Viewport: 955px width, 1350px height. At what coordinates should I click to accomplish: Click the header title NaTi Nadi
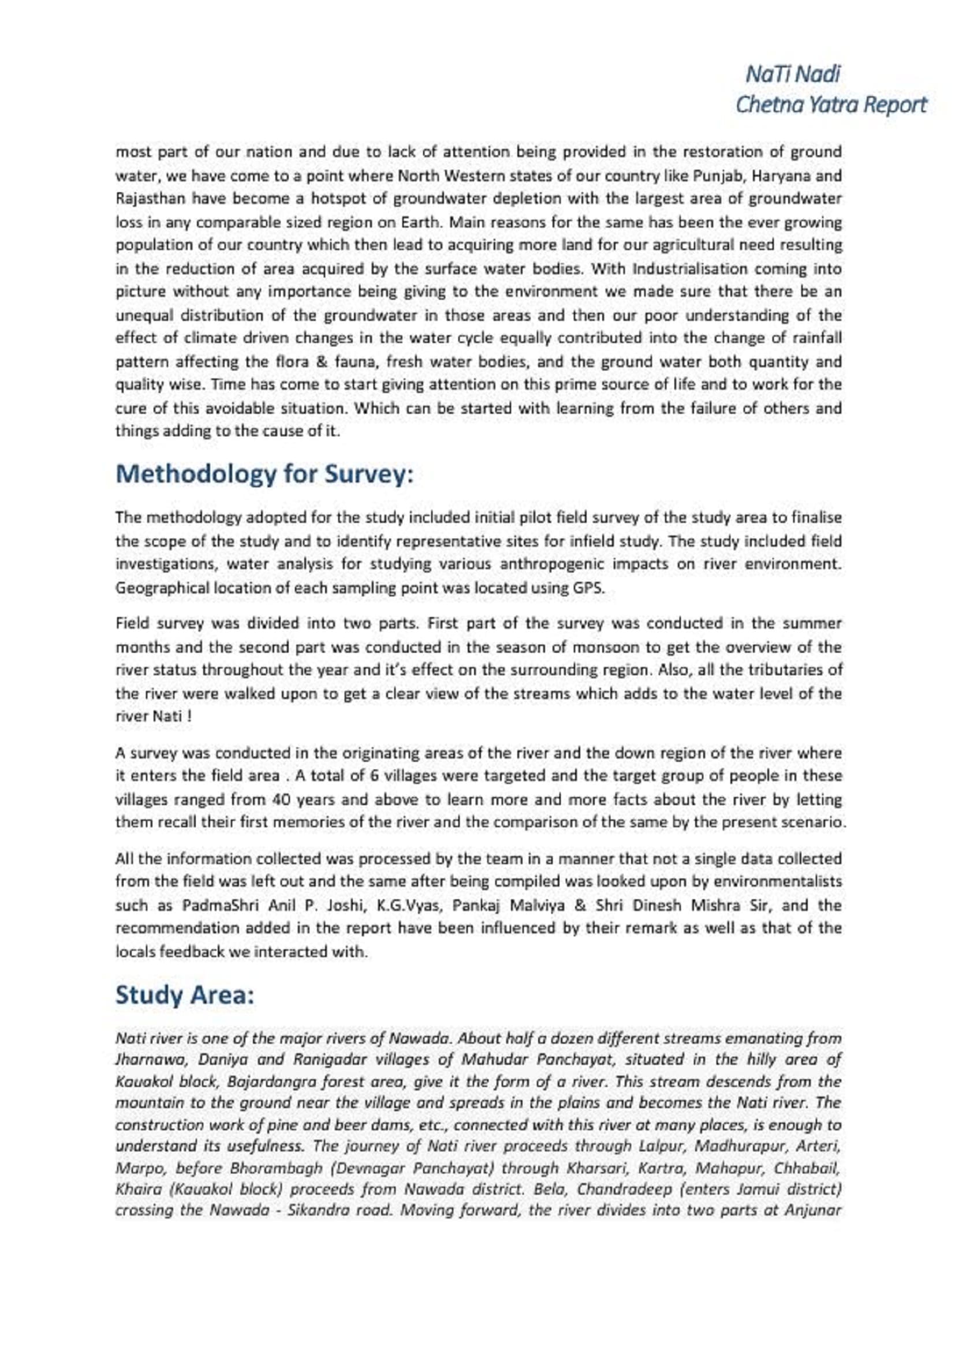[x=793, y=74]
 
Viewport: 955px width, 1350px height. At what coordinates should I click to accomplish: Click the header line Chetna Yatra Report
[x=831, y=104]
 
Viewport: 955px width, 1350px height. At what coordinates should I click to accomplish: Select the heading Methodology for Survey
[x=264, y=474]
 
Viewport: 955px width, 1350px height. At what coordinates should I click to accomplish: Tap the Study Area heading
[x=185, y=995]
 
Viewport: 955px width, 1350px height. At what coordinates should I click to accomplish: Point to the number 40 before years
[x=279, y=799]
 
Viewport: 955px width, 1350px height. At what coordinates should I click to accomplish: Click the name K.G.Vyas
[x=409, y=905]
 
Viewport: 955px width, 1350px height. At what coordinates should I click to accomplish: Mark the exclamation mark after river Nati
[x=190, y=717]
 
